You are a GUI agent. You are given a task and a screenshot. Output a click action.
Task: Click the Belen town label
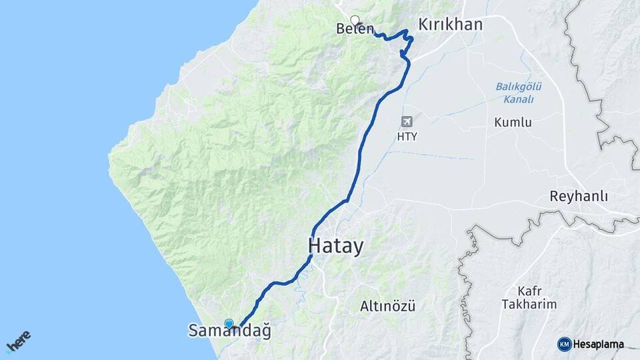[355, 29]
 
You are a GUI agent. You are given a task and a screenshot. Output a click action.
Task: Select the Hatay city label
[336, 247]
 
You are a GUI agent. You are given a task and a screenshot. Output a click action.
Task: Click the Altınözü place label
[387, 307]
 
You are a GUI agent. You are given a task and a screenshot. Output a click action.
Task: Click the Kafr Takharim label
[537, 297]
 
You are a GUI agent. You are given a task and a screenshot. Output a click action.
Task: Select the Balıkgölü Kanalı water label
[519, 93]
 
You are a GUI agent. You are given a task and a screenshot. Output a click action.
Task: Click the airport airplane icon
[407, 121]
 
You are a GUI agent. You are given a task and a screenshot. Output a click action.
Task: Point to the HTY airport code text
[407, 136]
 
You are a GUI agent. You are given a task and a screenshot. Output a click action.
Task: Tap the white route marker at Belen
[355, 20]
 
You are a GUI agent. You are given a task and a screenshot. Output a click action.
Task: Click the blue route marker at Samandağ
[229, 323]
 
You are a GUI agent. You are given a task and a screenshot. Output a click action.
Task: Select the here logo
[18, 341]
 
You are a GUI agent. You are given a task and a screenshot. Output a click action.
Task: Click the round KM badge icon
[564, 344]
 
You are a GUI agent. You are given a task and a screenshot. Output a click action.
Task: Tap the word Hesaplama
[598, 345]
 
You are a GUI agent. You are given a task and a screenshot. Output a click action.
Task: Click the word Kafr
[529, 291]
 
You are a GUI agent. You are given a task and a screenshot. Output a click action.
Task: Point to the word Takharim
[537, 305]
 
